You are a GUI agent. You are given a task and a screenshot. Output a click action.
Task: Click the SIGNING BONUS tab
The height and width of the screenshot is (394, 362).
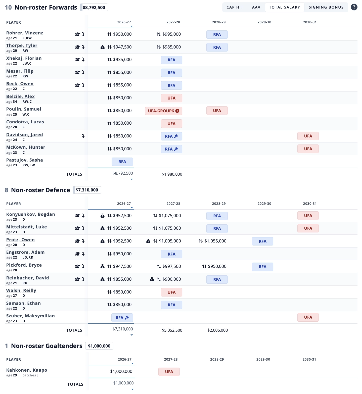coord(326,7)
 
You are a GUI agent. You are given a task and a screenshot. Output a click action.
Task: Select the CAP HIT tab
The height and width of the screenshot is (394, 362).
coord(235,7)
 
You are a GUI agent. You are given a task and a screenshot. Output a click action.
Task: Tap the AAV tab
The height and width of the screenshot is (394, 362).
coord(256,7)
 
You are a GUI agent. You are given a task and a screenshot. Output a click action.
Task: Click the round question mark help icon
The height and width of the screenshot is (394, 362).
coord(354,7)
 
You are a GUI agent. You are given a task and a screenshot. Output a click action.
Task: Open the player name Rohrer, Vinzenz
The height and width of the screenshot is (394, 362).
coord(25,33)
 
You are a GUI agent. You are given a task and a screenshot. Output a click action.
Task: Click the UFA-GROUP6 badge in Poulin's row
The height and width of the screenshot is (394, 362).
coord(164,111)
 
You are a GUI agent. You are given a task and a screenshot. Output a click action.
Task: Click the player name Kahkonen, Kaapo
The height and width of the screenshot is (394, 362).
coord(27,370)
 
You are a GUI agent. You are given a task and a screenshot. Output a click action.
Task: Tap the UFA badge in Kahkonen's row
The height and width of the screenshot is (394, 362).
coord(169,372)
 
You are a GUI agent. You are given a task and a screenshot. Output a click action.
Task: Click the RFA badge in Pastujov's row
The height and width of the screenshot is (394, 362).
coord(122,162)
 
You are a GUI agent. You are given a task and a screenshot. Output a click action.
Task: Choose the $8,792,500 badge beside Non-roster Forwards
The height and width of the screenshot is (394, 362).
coord(94,8)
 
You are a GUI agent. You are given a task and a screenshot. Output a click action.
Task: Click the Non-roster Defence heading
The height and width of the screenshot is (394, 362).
coord(40,190)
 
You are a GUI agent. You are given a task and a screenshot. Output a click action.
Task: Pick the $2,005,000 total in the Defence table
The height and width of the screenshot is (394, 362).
coord(218,330)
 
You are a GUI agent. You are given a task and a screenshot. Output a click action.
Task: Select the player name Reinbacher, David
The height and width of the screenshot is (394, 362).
coord(28,278)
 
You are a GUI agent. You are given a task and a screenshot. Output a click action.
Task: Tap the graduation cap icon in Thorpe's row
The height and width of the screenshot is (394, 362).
coord(77,47)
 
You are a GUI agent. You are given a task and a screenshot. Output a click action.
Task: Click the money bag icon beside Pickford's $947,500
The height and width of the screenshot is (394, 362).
coord(103,266)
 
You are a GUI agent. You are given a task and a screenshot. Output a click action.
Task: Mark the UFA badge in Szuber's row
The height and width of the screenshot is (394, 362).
coord(308,317)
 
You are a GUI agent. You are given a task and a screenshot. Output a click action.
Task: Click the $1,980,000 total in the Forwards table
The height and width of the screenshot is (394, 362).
coord(172,174)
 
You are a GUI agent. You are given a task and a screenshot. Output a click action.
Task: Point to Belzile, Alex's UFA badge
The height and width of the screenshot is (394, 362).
coord(171,98)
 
